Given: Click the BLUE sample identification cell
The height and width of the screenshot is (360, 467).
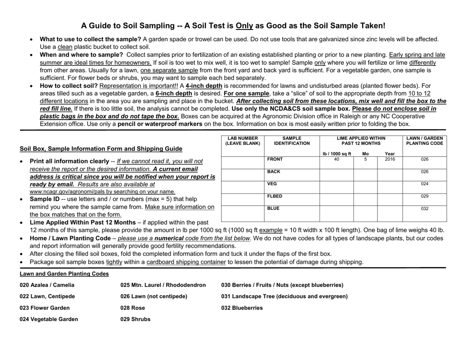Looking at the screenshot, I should coord(273,209).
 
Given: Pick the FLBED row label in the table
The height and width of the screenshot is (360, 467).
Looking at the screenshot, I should coord(275,196).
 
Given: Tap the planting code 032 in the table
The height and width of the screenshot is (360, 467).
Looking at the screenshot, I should coord(424,209).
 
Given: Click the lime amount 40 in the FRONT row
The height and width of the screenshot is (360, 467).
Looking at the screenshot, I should coord(337,160).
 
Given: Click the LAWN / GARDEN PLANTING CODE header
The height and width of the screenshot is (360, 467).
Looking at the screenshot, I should coord(425,141).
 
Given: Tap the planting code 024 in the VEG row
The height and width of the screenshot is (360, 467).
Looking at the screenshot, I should coord(424,184).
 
